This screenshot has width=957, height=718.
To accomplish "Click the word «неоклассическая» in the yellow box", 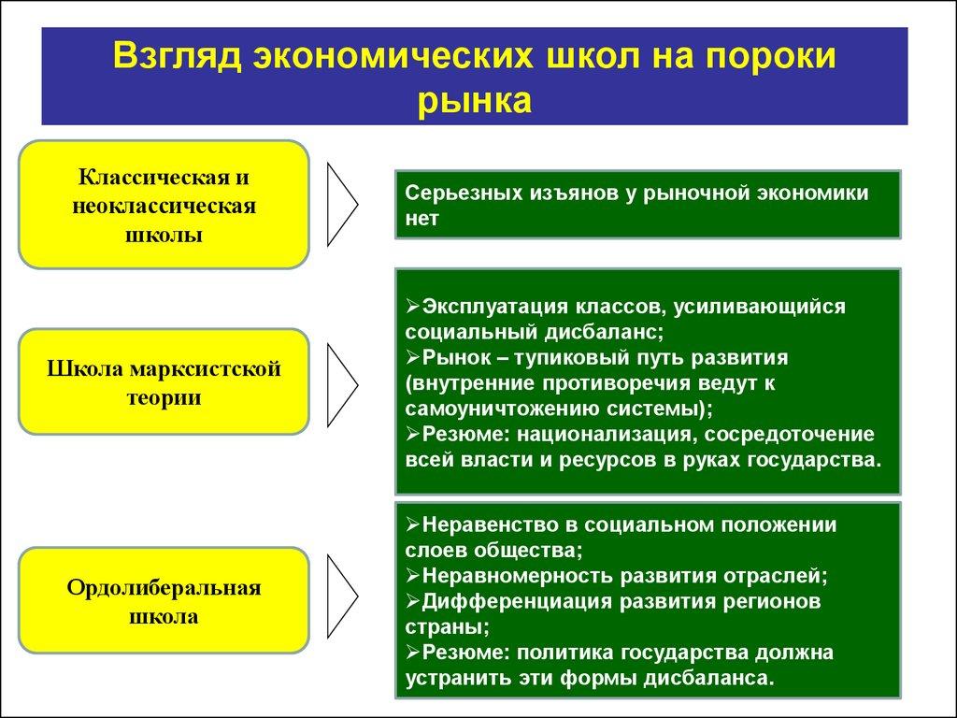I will pyautogui.click(x=164, y=205).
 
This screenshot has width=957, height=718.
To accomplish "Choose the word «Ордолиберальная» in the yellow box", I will pyautogui.click(x=164, y=588).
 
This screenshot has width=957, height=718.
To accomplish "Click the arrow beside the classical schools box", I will pyautogui.click(x=342, y=204).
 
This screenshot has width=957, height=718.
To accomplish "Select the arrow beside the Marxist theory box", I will pyautogui.click(x=342, y=381).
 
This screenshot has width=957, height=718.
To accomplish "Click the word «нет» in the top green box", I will pyautogui.click(x=421, y=218).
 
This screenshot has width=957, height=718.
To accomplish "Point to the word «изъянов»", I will pyautogui.click(x=571, y=193).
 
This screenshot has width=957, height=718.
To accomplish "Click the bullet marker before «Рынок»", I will pyautogui.click(x=414, y=358).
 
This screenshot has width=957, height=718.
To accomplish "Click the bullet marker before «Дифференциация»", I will pyautogui.click(x=414, y=600).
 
